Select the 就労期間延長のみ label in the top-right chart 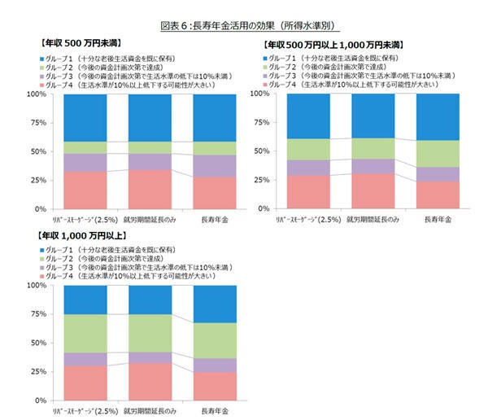pos(370,220)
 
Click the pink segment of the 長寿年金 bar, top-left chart pos(215,193)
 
